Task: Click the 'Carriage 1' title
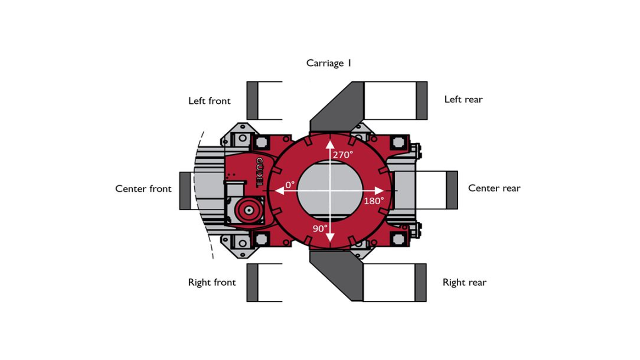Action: [329, 63]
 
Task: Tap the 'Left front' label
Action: [209, 101]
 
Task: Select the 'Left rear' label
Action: [463, 100]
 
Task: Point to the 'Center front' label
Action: [143, 189]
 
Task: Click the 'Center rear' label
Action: [494, 188]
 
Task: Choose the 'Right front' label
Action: [212, 282]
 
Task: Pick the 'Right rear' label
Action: [464, 282]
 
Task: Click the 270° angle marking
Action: [343, 155]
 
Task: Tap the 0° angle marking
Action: [290, 185]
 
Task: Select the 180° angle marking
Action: [374, 201]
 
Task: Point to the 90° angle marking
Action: [320, 229]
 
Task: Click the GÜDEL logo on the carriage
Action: [259, 172]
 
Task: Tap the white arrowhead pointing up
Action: [330, 144]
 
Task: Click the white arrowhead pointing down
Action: [330, 237]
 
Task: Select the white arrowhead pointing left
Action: [280, 191]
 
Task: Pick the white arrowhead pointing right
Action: [379, 191]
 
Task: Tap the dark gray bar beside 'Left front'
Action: [253, 101]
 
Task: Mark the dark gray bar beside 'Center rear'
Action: [452, 190]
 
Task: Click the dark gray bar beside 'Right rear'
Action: [421, 282]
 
